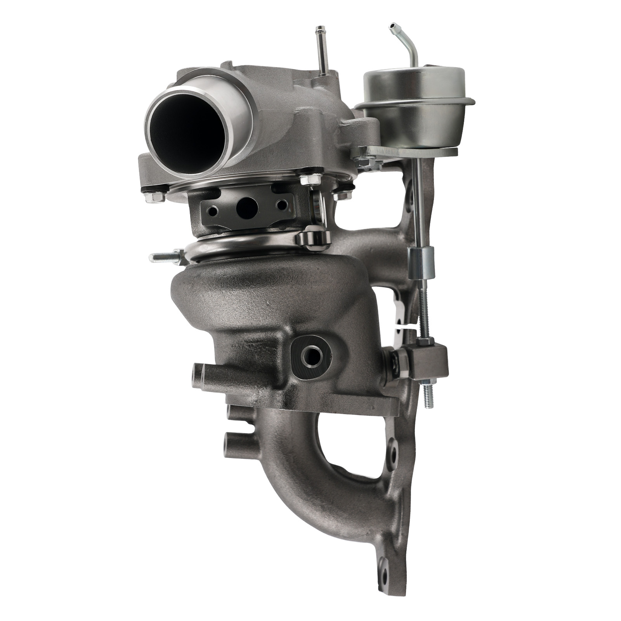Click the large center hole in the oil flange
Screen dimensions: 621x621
pos(246,206)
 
